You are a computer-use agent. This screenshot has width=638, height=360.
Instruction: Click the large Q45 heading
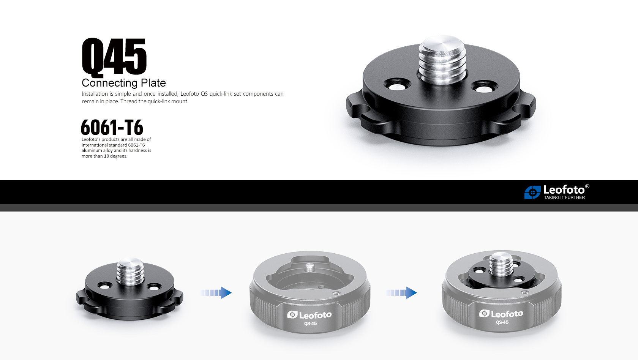[114, 57]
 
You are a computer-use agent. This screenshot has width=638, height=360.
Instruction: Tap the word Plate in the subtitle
[149, 83]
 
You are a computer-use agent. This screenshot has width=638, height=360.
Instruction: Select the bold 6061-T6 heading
[112, 127]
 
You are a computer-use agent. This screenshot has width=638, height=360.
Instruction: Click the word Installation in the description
[95, 94]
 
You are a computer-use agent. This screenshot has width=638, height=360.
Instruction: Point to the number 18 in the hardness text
[106, 156]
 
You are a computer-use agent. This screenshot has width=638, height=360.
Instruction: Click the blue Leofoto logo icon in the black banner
[532, 192]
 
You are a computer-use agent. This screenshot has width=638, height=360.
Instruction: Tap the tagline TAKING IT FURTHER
[564, 197]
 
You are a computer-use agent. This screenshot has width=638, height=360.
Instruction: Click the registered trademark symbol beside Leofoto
[587, 186]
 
